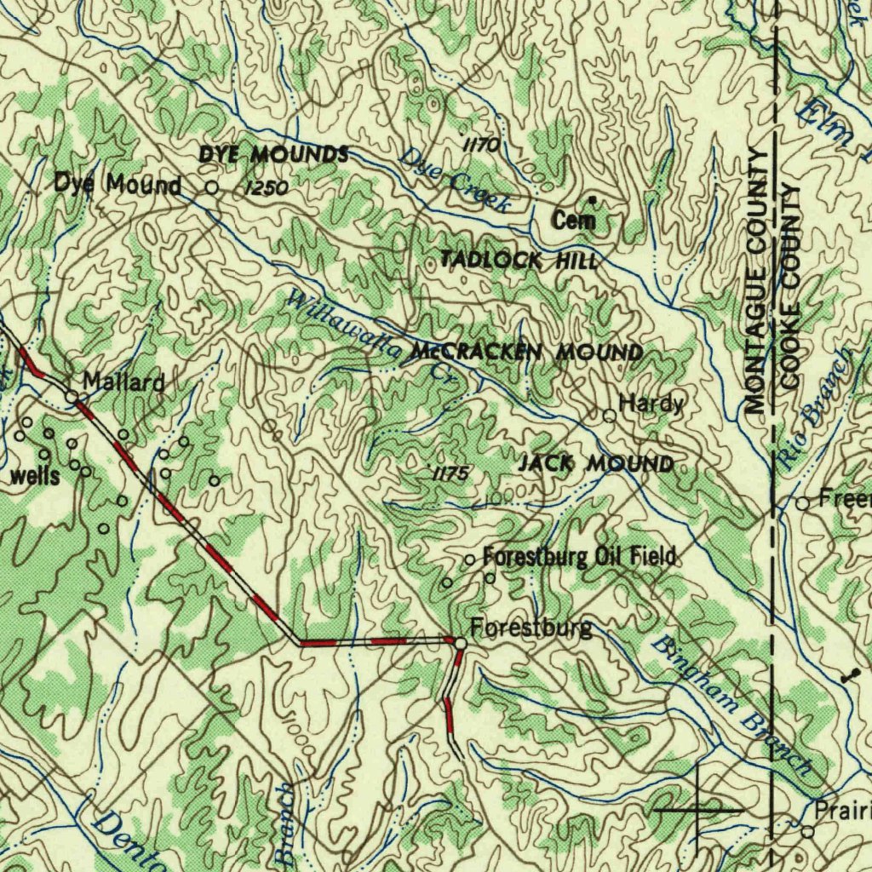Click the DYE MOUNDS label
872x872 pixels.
pos(273,154)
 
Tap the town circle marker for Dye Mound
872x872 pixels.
pos(212,186)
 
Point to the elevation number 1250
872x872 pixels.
pos(265,188)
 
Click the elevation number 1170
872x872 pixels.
pos(482,145)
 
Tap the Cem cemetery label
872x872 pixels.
pos(572,221)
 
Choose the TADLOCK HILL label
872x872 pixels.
pos(519,261)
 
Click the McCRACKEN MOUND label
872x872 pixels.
pos(526,351)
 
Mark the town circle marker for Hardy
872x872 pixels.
pos(610,416)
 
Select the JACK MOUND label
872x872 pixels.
pos(596,464)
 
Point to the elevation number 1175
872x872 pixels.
pos(449,474)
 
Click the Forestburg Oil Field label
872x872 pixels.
pos(579,557)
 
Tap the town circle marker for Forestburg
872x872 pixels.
pos(460,643)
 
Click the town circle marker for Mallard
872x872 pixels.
pos(73,396)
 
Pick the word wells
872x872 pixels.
pos(35,476)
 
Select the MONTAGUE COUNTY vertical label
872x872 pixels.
pos(754,281)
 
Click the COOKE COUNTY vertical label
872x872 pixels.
pos(790,285)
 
